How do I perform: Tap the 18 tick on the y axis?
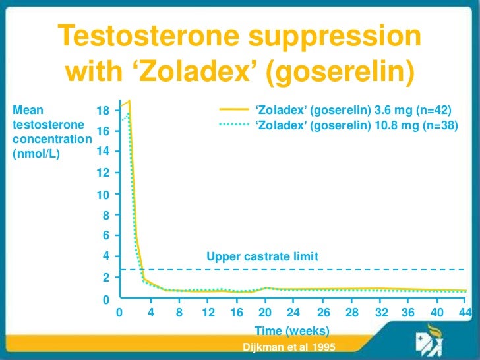tap(103, 110)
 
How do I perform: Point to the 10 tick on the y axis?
tap(103, 195)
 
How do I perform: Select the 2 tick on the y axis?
tap(105, 278)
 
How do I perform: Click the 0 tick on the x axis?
tap(119, 313)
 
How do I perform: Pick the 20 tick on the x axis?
tap(265, 313)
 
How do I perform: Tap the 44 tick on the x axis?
tap(465, 313)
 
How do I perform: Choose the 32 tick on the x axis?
tap(381, 313)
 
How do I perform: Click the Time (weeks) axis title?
tap(291, 330)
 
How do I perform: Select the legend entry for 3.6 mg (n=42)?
tap(355, 110)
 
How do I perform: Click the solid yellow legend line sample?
tap(233, 110)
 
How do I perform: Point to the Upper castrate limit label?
tap(262, 257)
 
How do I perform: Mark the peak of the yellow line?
tap(130, 101)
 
